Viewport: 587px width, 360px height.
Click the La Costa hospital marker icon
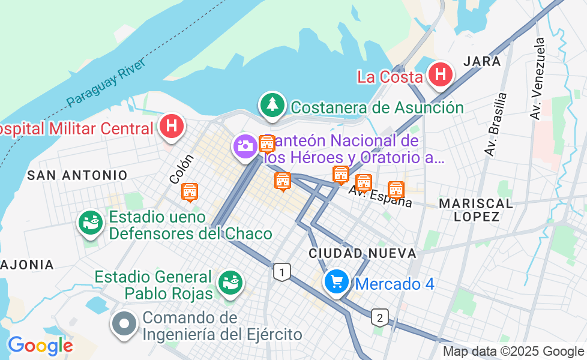[441, 75]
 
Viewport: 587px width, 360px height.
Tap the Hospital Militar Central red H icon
[172, 127]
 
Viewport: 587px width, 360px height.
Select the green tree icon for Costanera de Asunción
[272, 105]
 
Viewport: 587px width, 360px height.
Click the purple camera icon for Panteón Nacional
[245, 146]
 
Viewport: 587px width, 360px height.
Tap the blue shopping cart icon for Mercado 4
[336, 281]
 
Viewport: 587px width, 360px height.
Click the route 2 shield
[379, 316]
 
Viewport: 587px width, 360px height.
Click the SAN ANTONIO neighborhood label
[77, 175]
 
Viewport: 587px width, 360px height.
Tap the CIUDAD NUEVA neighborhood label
[363, 254]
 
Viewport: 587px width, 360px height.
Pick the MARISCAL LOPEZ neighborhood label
[476, 210]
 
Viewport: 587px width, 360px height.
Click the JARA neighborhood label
[483, 61]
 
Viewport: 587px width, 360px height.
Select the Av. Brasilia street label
[496, 124]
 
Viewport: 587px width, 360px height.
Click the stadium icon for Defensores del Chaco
[91, 223]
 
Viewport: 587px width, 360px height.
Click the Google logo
[40, 346]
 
